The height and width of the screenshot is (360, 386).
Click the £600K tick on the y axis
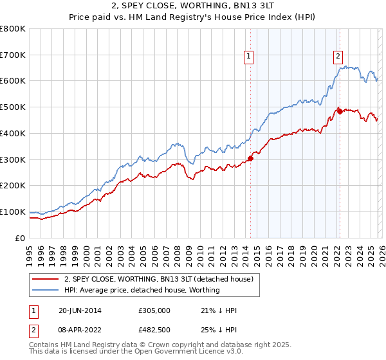tap(13, 81)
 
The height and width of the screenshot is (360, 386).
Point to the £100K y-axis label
tap(13, 212)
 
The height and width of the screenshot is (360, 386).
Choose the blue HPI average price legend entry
tap(142, 290)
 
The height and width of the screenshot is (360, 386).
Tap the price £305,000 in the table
tap(154, 310)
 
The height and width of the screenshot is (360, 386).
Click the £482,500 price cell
tap(154, 329)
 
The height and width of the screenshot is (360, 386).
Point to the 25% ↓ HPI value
tap(219, 329)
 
